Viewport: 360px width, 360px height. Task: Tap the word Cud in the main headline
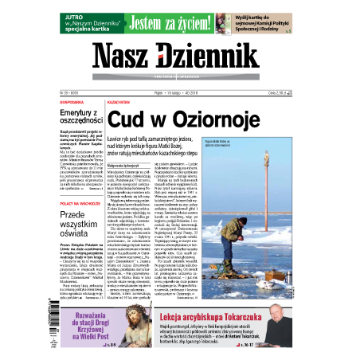click(x=127, y=120)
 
